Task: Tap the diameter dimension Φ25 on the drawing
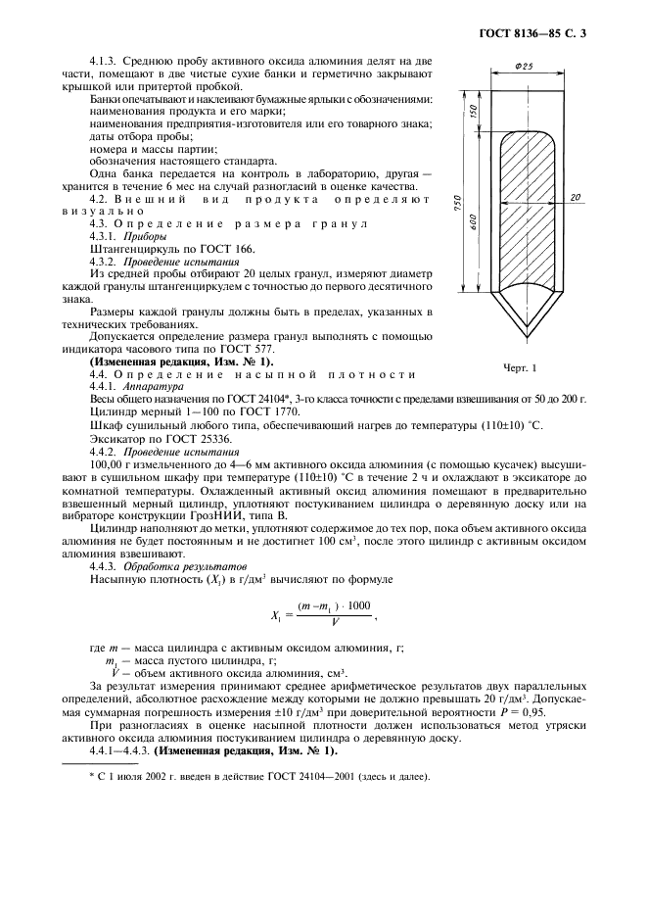click(524, 68)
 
